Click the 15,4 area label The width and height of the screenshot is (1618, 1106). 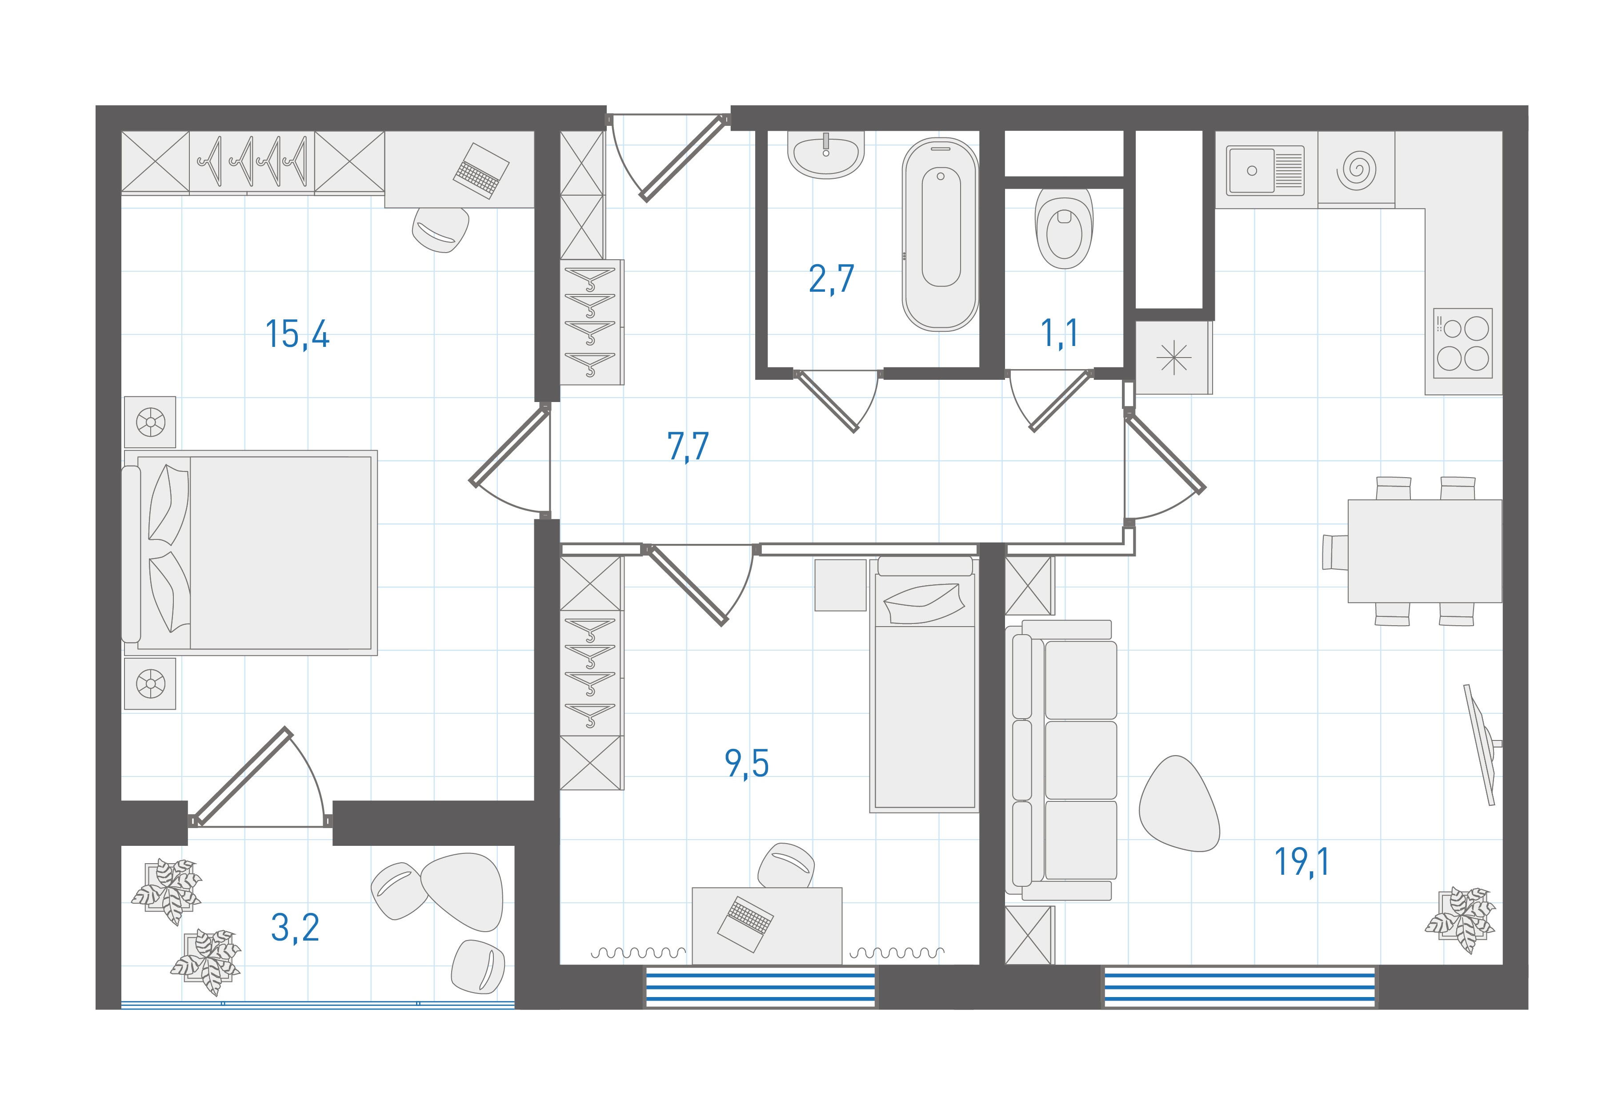point(297,334)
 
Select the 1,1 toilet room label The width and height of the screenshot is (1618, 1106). point(1059,333)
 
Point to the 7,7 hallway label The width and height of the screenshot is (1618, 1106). point(688,446)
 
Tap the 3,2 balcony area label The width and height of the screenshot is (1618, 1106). point(295,928)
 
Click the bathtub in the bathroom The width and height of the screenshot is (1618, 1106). point(941,233)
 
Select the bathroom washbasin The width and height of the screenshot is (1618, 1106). point(826,155)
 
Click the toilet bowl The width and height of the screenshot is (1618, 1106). point(1064,227)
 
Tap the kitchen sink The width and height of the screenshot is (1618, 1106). point(1265,170)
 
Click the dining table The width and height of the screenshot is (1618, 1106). point(1425,550)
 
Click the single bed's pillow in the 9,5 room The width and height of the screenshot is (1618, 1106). point(924,603)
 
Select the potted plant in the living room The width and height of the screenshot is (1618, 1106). point(1460,919)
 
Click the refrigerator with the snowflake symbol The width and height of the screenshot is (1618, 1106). point(1174,357)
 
